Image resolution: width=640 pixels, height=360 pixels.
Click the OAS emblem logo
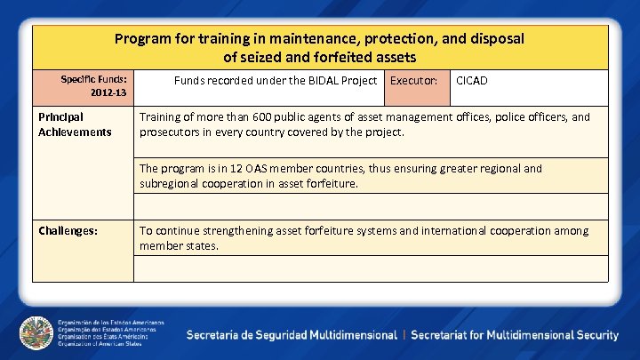(36, 333)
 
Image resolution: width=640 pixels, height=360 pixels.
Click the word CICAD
(471, 81)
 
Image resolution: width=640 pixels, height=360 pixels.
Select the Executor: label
(414, 81)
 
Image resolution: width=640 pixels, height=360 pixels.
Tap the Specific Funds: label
(93, 79)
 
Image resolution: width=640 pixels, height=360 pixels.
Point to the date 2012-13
(108, 92)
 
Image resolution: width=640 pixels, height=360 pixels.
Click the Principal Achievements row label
(75, 124)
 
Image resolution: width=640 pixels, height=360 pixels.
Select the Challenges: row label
(68, 231)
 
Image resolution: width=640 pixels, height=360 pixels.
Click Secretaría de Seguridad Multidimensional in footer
(292, 335)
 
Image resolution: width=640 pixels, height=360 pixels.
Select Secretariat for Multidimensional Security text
(515, 335)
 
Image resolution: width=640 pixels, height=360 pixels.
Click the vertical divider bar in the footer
(404, 335)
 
